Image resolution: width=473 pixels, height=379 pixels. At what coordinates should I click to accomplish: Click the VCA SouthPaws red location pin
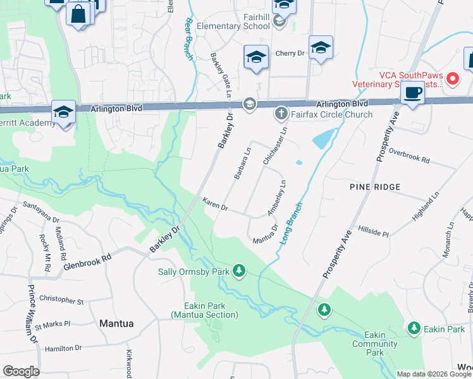pyautogui.click(x=452, y=79)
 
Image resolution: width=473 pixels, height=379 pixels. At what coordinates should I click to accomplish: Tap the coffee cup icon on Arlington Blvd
pyautogui.click(x=412, y=92)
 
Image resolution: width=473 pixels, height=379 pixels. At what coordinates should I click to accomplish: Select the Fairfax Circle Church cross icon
pyautogui.click(x=281, y=114)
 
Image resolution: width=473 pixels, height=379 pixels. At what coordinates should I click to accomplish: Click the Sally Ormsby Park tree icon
pyautogui.click(x=238, y=271)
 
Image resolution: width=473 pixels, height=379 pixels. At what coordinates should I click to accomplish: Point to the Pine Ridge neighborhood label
pyautogui.click(x=375, y=187)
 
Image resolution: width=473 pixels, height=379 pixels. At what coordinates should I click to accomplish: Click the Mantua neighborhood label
pyautogui.click(x=116, y=323)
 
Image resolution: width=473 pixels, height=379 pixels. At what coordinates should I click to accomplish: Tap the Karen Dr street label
pyautogui.click(x=215, y=205)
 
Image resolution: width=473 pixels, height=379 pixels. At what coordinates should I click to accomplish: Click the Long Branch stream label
pyautogui.click(x=290, y=224)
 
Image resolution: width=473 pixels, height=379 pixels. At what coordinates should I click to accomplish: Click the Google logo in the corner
pyautogui.click(x=20, y=371)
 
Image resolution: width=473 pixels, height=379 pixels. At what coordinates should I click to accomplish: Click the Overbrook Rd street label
pyautogui.click(x=409, y=156)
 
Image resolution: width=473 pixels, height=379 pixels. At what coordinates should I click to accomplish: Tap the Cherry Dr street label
pyautogui.click(x=290, y=54)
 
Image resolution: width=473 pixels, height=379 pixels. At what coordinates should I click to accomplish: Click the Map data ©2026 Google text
pyautogui.click(x=434, y=374)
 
